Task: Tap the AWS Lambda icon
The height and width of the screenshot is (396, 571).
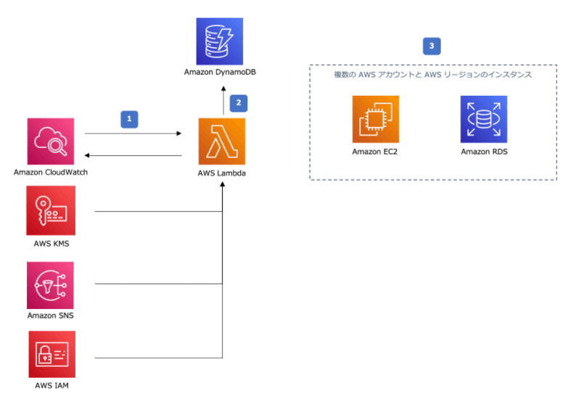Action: pyautogui.click(x=221, y=141)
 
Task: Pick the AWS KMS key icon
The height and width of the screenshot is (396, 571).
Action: pyautogui.click(x=51, y=210)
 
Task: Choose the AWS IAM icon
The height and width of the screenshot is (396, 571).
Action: pyautogui.click(x=51, y=354)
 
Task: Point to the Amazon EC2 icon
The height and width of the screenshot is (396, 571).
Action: pyautogui.click(x=375, y=119)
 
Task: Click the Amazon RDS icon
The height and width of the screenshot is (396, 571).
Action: pyautogui.click(x=483, y=119)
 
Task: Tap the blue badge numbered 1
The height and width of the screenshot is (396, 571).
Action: pyautogui.click(x=130, y=117)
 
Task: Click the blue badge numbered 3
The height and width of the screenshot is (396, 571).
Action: pyautogui.click(x=432, y=46)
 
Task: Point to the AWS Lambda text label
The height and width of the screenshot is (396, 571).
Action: pyautogui.click(x=221, y=174)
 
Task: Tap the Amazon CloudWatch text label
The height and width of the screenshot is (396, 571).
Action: pyautogui.click(x=50, y=173)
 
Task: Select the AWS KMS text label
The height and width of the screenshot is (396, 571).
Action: pyautogui.click(x=51, y=243)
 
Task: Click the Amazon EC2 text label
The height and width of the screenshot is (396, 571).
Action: pyautogui.click(x=375, y=152)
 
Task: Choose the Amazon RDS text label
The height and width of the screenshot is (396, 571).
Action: pyautogui.click(x=483, y=152)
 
